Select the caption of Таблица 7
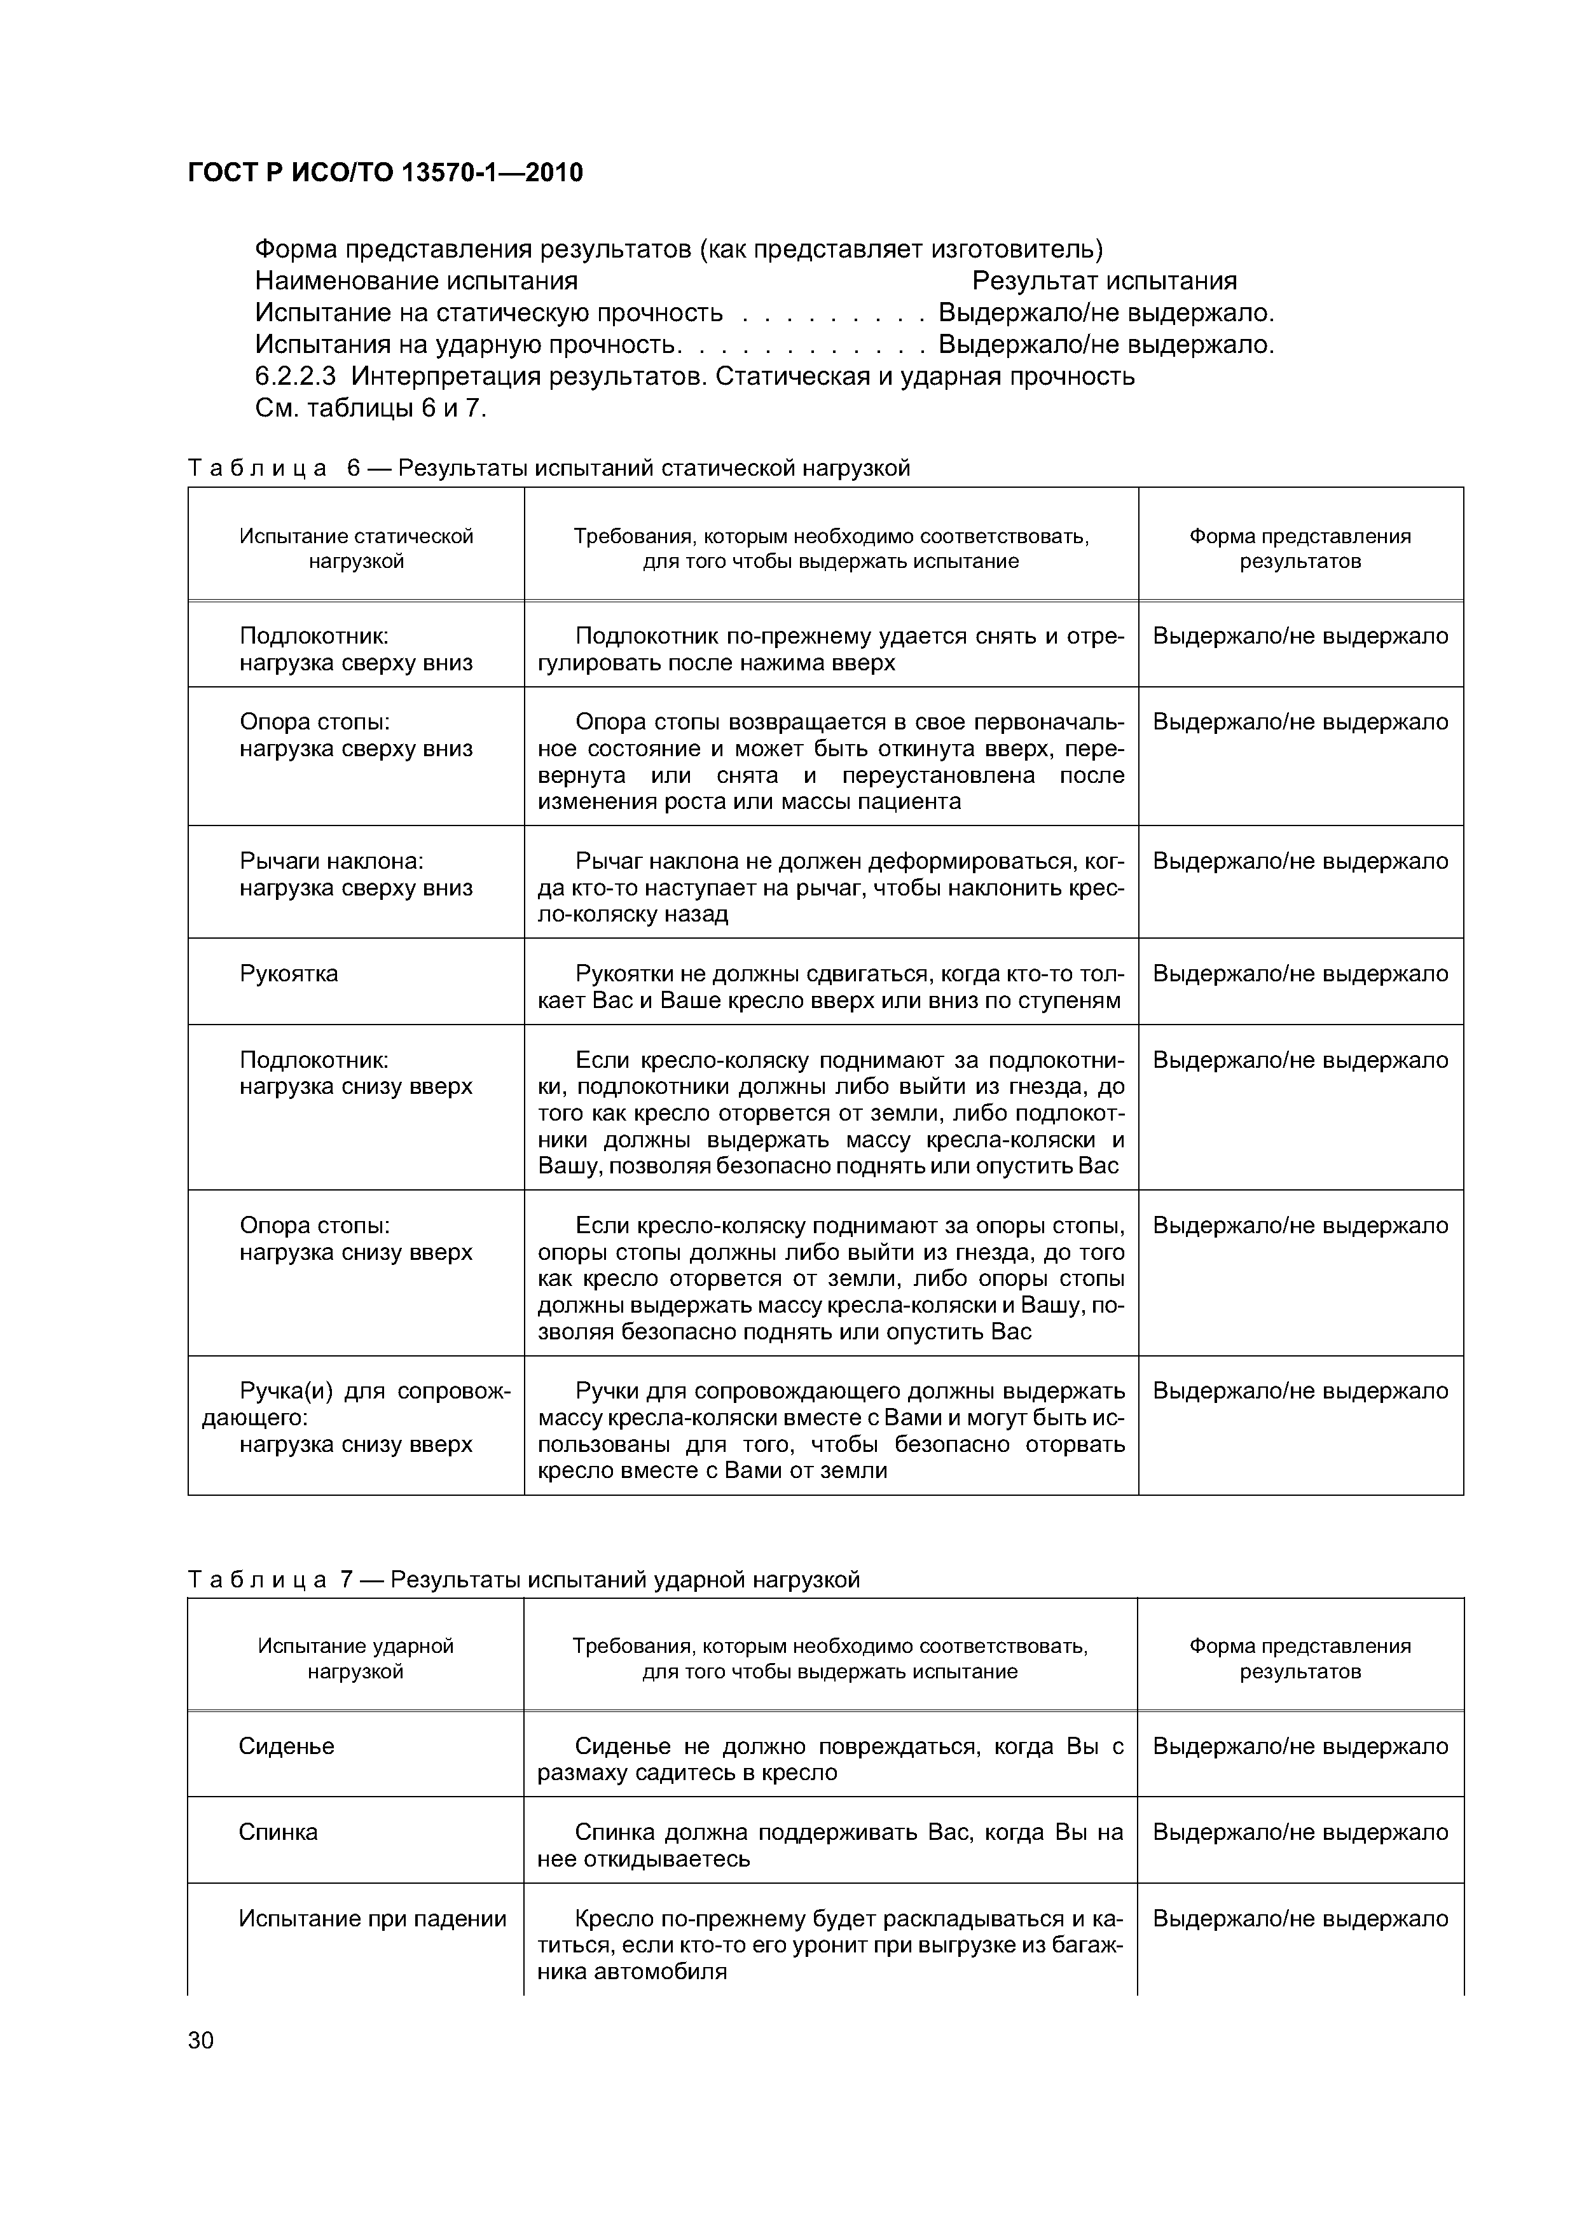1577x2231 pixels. pos(524,1579)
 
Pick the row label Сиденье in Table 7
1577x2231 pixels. pos(287,1746)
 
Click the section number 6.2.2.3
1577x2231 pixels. pos(298,376)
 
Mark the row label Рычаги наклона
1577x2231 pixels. pos(331,861)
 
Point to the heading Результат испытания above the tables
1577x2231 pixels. pos(1104,281)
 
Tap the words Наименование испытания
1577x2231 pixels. pos(416,281)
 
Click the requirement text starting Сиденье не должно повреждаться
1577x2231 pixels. pos(830,1758)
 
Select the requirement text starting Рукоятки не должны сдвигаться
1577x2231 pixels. pos(830,986)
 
